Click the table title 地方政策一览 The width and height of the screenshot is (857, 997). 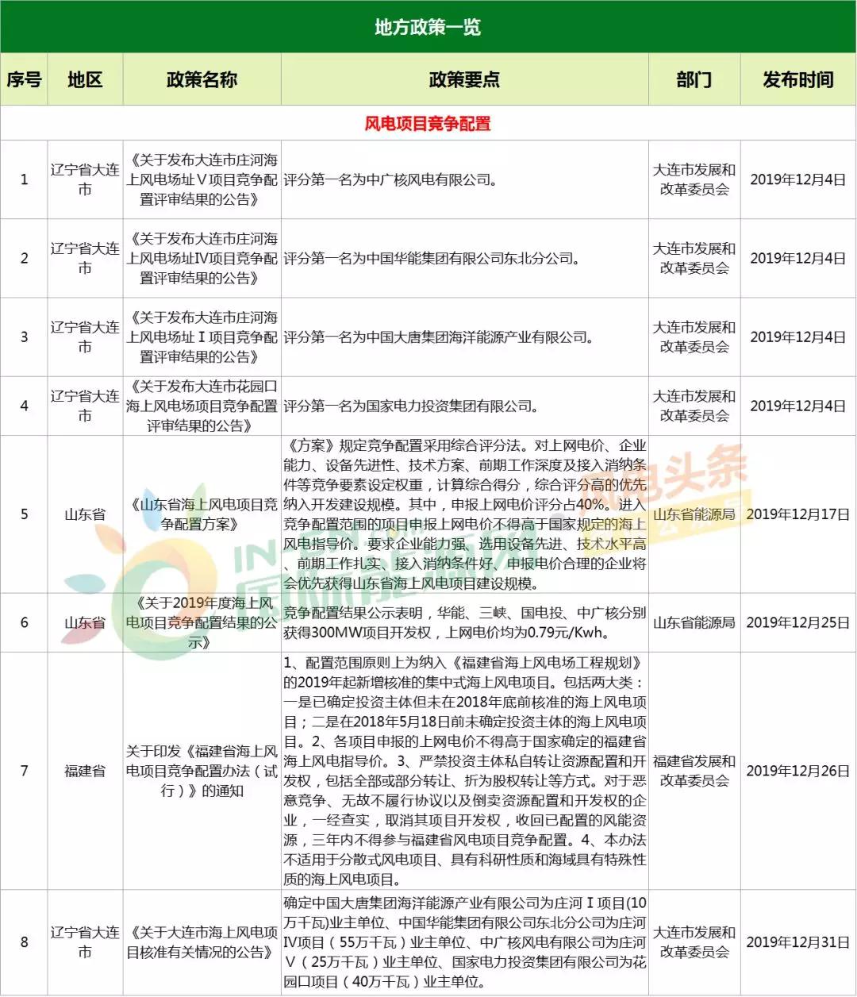[x=428, y=28]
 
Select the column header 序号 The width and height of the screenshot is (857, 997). [x=24, y=79]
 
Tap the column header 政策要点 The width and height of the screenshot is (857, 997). [x=464, y=79]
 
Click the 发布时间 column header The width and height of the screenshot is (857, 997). [x=797, y=79]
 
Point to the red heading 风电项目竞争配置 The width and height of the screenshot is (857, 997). [x=428, y=124]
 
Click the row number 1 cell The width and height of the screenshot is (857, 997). [x=24, y=179]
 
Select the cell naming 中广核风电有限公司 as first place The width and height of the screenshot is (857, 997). [x=390, y=180]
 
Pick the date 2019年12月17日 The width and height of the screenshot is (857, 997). [x=797, y=514]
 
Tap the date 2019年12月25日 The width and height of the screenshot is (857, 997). [x=797, y=623]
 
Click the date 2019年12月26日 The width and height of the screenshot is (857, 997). [x=797, y=771]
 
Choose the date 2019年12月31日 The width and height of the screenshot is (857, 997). [x=797, y=942]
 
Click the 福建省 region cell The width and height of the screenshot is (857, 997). [x=85, y=771]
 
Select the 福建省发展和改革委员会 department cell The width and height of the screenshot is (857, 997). [x=694, y=771]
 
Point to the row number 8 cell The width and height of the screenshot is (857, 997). [x=24, y=942]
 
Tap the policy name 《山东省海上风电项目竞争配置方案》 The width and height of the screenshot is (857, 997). [x=202, y=514]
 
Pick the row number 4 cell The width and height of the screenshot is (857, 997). [x=24, y=406]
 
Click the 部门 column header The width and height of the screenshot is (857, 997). [x=694, y=79]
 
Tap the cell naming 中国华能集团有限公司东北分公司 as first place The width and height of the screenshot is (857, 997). [x=432, y=259]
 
